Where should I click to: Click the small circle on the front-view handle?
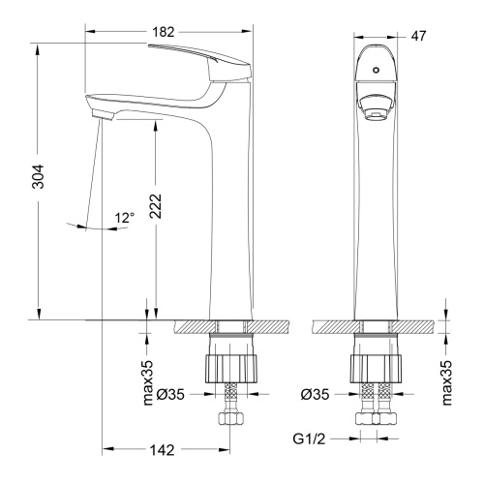376,70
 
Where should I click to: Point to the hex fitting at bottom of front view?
376,422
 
